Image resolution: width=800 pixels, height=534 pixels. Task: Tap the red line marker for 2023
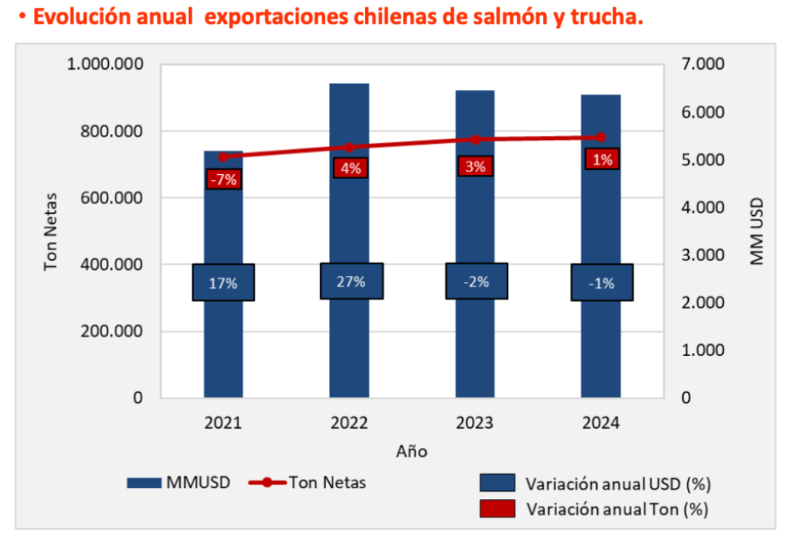tap(476, 139)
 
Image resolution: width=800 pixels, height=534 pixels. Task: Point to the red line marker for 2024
tap(601, 137)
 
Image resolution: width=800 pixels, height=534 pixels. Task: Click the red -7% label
tap(223, 179)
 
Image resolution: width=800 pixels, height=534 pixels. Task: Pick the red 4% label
tap(350, 168)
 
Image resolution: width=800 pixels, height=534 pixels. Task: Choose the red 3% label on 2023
tap(476, 167)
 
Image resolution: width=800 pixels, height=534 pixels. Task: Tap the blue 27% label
tap(351, 281)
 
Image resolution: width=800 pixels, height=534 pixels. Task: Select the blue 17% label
tap(223, 283)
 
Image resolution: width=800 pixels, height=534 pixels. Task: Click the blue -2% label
tap(476, 281)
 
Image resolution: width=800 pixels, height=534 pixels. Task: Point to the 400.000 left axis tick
tap(113, 265)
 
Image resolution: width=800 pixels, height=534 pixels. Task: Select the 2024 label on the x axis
tap(601, 423)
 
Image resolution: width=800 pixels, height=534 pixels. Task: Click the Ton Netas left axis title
tap(50, 231)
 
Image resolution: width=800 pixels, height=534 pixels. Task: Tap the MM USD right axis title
tap(756, 231)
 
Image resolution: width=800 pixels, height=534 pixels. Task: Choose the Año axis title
tap(411, 450)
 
